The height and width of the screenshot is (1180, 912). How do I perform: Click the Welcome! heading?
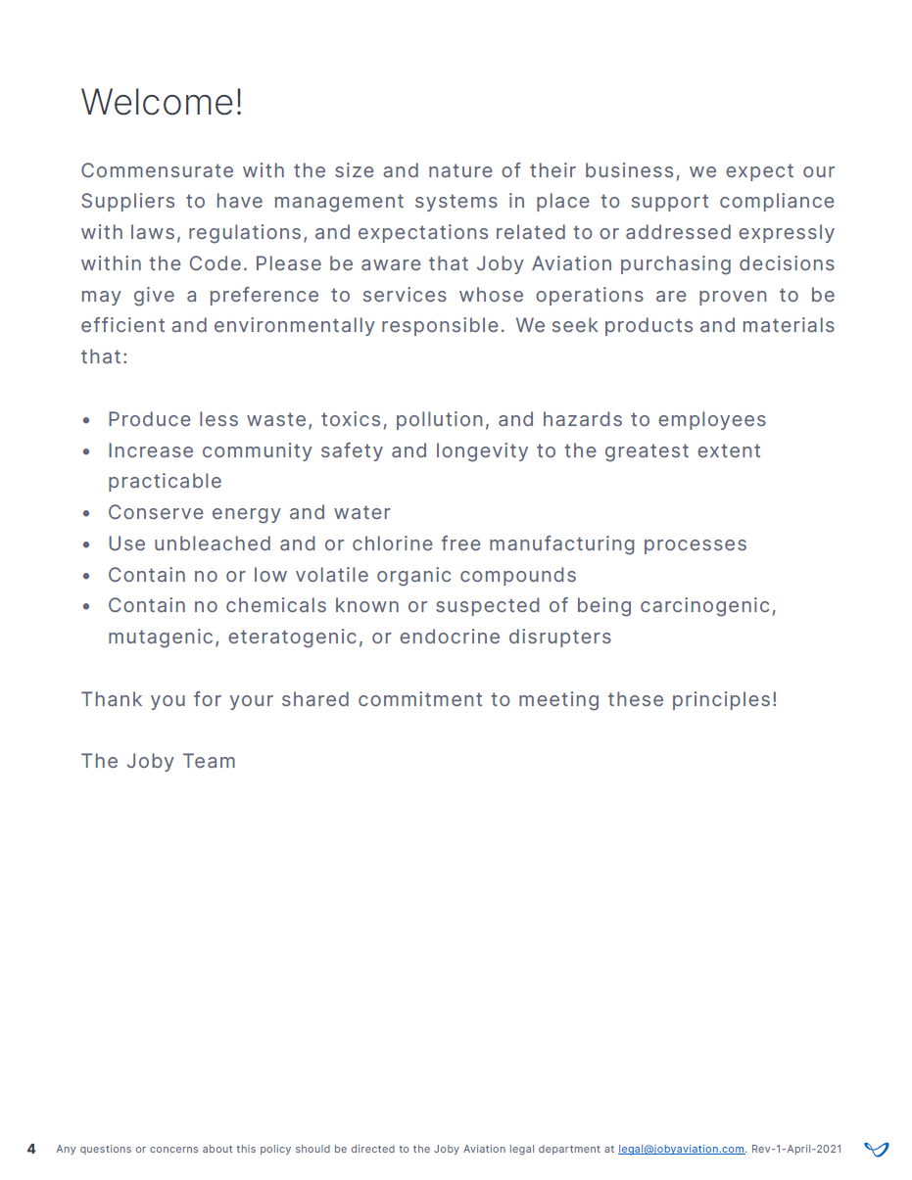(162, 102)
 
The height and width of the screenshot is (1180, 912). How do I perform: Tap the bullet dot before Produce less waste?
(87, 420)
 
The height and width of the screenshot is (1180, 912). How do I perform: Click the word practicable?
(165, 482)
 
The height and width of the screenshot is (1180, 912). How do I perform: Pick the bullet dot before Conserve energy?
(87, 513)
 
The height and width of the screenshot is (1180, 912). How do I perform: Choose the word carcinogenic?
(707, 606)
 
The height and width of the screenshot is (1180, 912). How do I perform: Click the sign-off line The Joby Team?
(159, 762)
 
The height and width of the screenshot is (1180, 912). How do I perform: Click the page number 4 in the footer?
(31, 1149)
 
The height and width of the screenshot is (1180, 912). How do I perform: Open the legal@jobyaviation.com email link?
(681, 1150)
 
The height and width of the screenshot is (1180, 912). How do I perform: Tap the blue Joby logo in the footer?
(877, 1149)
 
